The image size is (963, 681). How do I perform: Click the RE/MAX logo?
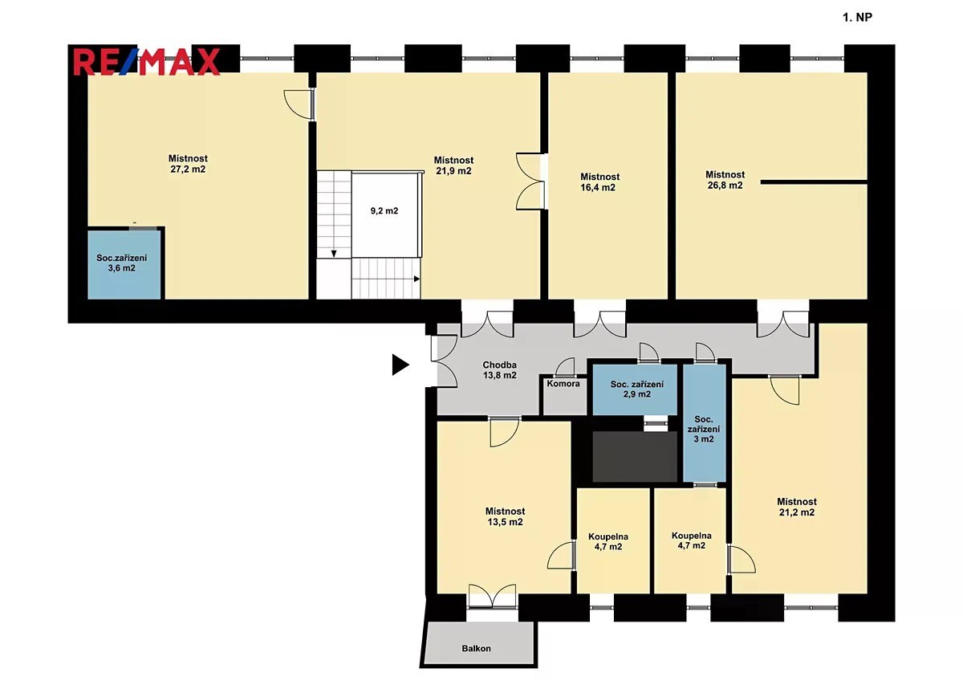(147, 62)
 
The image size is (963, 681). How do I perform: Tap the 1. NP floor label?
(857, 17)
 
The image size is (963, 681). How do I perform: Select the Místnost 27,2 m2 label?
(188, 164)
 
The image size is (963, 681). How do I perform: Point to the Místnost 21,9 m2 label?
(453, 165)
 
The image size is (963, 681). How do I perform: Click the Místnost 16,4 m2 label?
(599, 182)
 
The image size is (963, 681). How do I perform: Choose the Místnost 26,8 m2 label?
(725, 180)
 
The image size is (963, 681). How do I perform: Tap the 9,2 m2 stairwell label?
(384, 210)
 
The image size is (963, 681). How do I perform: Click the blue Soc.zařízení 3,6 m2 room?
(124, 264)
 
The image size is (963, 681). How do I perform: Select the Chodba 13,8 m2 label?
(499, 370)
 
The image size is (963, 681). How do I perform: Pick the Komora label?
(563, 383)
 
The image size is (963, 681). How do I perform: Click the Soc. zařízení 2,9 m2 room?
(635, 389)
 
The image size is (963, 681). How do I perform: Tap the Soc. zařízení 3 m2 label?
(704, 429)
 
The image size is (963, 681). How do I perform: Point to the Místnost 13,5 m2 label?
(505, 516)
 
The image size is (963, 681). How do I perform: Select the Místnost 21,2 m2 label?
(797, 507)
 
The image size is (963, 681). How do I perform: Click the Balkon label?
(477, 648)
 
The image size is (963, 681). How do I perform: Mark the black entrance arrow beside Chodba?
(400, 365)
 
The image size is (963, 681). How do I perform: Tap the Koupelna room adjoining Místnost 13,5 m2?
(613, 540)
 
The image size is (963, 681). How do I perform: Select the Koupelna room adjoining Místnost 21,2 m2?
(690, 540)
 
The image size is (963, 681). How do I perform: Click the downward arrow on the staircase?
(334, 254)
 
